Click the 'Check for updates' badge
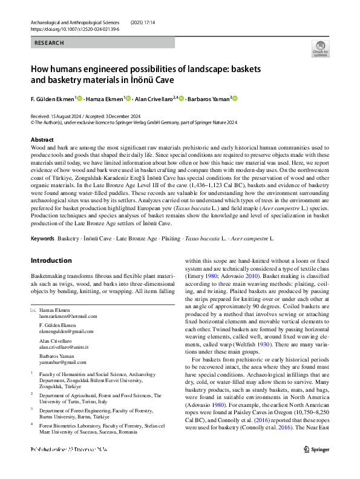pyautogui.click(x=320, y=48)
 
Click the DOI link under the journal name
pyautogui.click(x=73, y=28)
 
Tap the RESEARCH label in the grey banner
pyautogui.click(x=49, y=43)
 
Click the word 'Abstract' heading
pyautogui.click(x=42, y=139)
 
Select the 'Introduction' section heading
pyautogui.click(x=51, y=260)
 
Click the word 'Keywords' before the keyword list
pyautogui.click(x=42, y=239)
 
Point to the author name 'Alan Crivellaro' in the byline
pyautogui.click(x=154, y=98)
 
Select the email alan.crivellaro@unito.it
pyautogui.click(x=64, y=347)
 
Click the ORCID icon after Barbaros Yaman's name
pyautogui.click(x=235, y=98)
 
